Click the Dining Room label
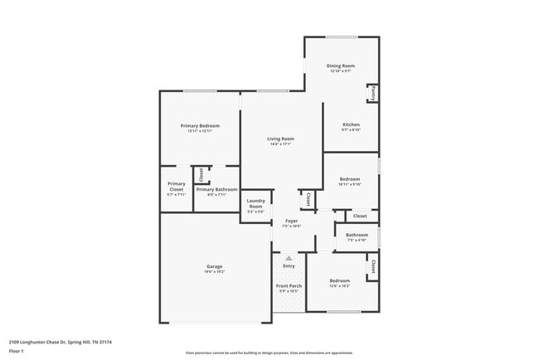pos(340,66)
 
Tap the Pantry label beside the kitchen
pos(373,93)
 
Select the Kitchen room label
pos(351,124)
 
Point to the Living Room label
pos(280,139)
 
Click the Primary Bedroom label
pos(200,125)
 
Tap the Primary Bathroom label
pos(216,189)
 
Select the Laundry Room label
pos(255,203)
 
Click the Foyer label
pos(291,221)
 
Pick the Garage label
pos(215,266)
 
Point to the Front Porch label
pos(289,285)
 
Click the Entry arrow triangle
pos(289,258)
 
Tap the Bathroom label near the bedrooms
pos(357,235)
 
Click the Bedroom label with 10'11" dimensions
pos(349,178)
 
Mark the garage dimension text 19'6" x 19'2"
pos(215,272)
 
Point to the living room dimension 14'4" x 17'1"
pos(280,144)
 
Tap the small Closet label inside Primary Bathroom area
pos(200,174)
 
